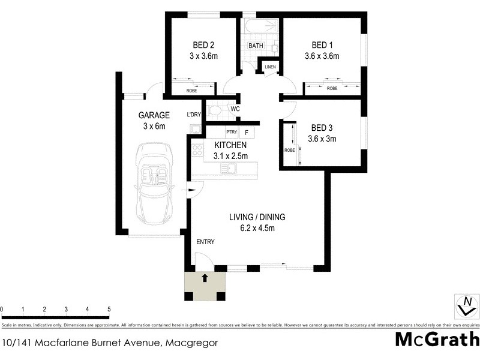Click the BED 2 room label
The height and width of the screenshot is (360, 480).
203,45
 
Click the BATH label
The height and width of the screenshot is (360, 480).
256,46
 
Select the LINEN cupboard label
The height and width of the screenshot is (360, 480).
270,67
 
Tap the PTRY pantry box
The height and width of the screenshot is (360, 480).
231,132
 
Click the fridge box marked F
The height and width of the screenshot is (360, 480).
247,132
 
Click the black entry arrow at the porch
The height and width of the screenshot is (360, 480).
205,278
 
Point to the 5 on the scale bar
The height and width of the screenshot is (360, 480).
109,310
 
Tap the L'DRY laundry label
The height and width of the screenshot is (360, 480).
193,115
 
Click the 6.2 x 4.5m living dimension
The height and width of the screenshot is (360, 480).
257,227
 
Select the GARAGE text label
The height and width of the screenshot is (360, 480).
154,115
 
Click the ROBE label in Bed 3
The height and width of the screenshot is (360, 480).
289,151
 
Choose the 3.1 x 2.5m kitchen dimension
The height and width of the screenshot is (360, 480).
231,156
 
